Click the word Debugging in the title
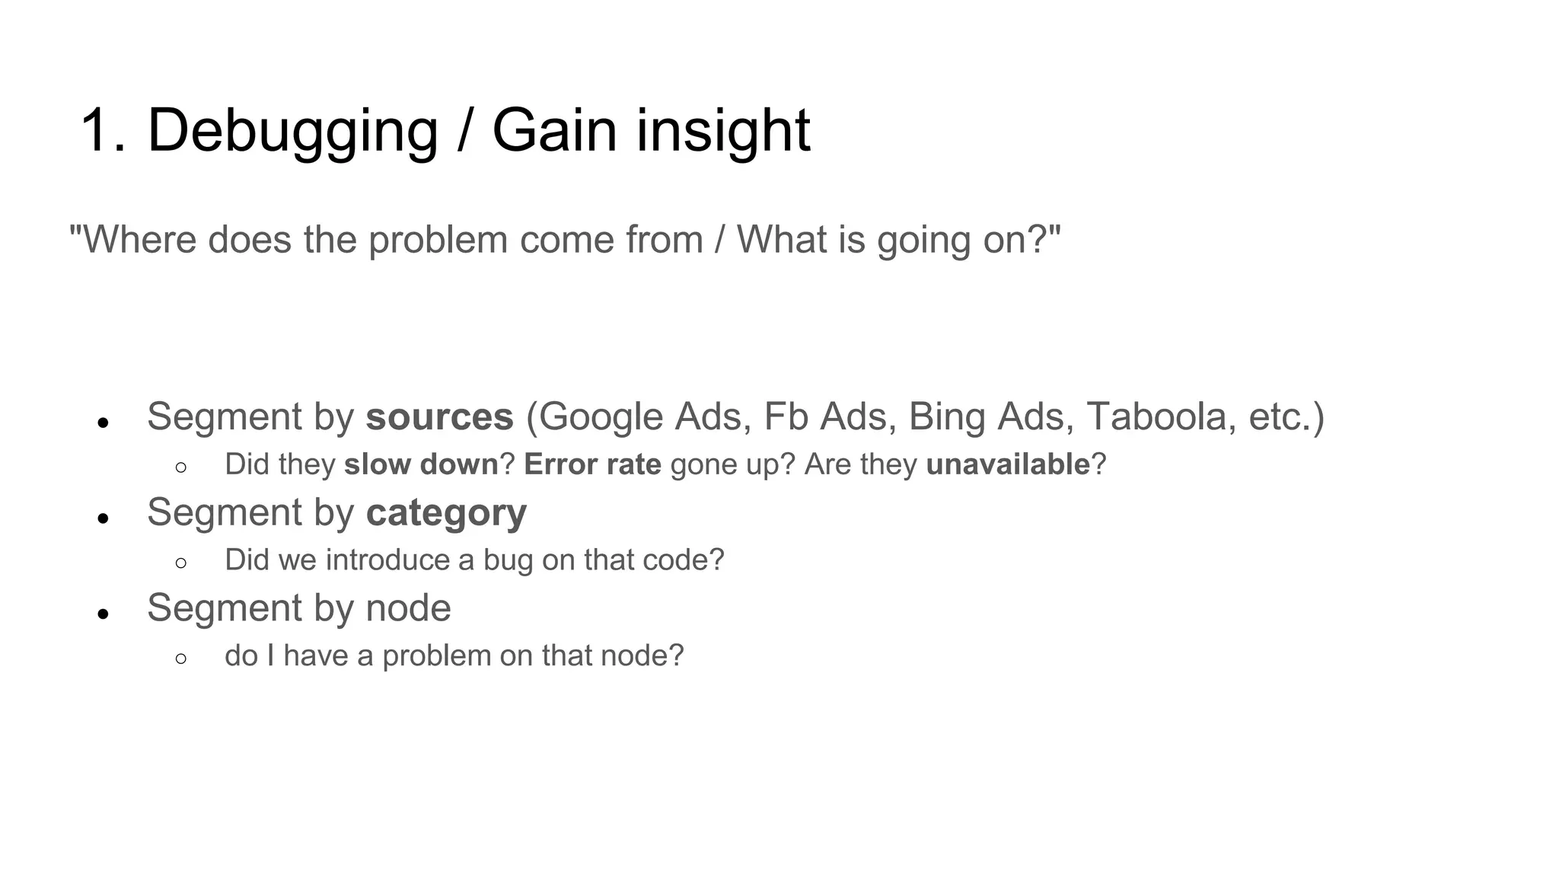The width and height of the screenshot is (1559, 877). (292, 131)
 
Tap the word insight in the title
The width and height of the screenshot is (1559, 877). (723, 131)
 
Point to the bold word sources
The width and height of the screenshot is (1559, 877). (439, 417)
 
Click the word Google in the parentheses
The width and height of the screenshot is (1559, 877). (601, 417)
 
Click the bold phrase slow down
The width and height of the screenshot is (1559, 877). (421, 464)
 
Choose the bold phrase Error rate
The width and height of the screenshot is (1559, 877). (592, 464)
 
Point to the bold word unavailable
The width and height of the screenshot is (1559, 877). (1008, 464)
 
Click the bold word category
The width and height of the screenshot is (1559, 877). (446, 512)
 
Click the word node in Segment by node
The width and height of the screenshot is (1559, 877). (408, 608)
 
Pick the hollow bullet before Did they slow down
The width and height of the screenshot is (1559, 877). (180, 467)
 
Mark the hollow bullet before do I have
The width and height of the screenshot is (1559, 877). (180, 659)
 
